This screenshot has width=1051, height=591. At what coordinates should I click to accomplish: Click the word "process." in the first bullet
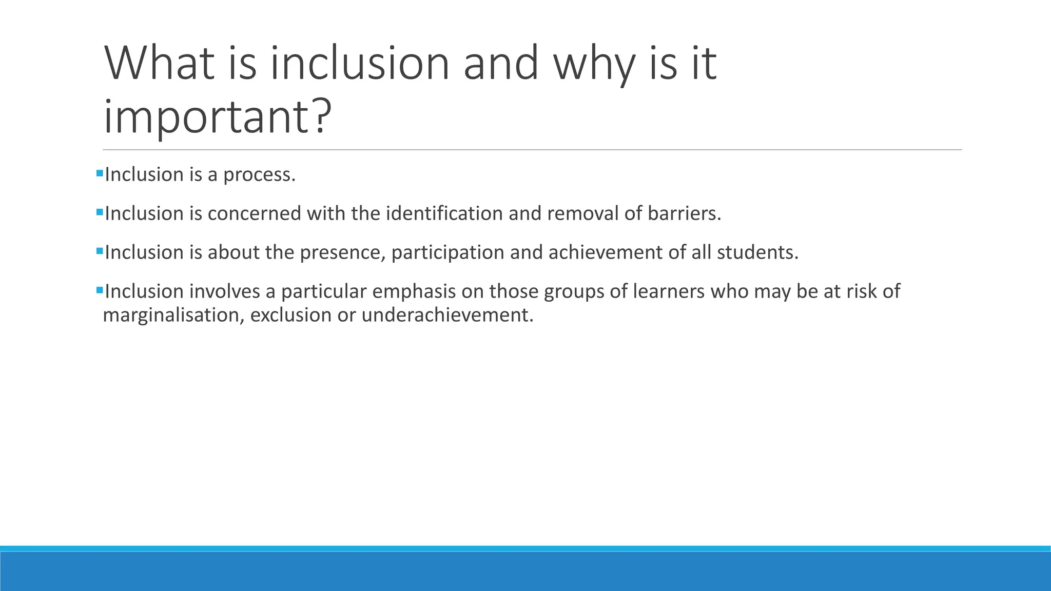pyautogui.click(x=259, y=175)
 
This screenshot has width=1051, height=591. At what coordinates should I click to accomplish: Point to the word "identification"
pyautogui.click(x=444, y=213)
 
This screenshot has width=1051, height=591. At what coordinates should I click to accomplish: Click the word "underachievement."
pyautogui.click(x=447, y=315)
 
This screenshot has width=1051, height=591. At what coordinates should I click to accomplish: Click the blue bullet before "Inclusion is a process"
pyautogui.click(x=100, y=173)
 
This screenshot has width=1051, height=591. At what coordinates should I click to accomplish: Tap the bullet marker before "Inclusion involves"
pyautogui.click(x=100, y=290)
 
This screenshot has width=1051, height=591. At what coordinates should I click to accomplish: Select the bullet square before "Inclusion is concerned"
pyautogui.click(x=100, y=212)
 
